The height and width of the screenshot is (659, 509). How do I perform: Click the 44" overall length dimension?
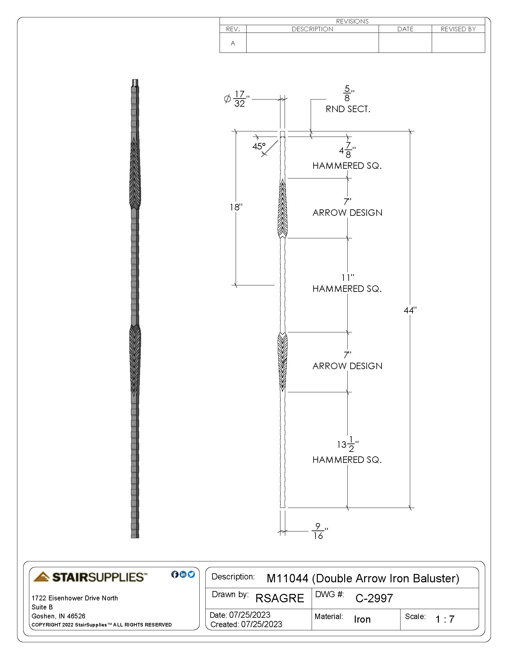click(410, 310)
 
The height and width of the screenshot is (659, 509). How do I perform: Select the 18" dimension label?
click(236, 207)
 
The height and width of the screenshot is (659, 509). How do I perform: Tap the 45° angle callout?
click(259, 147)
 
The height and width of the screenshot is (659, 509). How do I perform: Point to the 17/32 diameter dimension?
click(239, 99)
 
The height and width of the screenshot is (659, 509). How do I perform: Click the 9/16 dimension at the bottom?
click(318, 531)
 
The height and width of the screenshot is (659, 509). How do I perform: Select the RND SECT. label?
click(348, 109)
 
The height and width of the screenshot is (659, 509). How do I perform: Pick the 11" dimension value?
click(347, 277)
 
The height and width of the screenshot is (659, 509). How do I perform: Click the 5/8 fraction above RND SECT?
click(347, 93)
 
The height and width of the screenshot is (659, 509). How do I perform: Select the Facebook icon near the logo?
click(175, 574)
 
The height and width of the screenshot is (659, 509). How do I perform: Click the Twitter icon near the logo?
click(191, 574)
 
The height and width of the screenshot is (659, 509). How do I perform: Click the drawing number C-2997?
click(374, 598)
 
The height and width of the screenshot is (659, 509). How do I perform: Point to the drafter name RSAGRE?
click(279, 598)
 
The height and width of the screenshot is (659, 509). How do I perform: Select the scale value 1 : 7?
click(445, 619)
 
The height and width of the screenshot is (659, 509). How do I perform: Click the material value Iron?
click(362, 619)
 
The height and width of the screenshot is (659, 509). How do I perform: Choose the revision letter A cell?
click(233, 43)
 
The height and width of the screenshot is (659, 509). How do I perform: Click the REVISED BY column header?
click(458, 29)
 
